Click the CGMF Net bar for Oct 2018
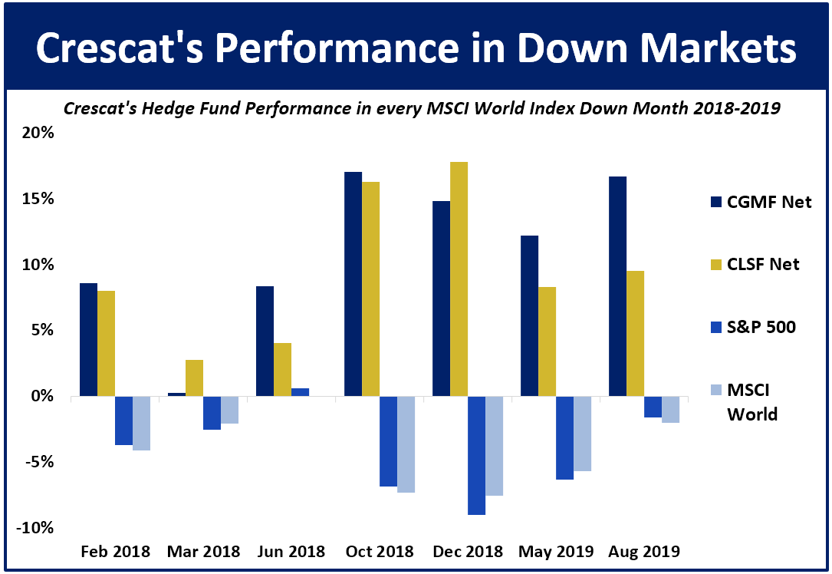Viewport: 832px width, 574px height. tap(353, 284)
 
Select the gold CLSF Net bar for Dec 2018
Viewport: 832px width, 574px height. tap(459, 279)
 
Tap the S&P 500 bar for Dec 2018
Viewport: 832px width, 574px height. tap(476, 455)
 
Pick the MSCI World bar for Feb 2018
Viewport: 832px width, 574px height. tap(141, 423)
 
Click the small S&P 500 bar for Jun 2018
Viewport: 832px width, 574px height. tap(300, 392)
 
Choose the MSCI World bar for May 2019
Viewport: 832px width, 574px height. tap(582, 434)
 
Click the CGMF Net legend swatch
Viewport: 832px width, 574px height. tap(716, 203)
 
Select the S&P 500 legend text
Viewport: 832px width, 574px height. tap(761, 328)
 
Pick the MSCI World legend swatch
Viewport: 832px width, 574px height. tap(716, 391)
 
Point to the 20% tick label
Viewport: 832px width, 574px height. tap(38, 133)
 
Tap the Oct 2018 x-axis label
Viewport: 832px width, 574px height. tap(379, 552)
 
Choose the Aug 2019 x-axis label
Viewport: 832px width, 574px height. tap(644, 552)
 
